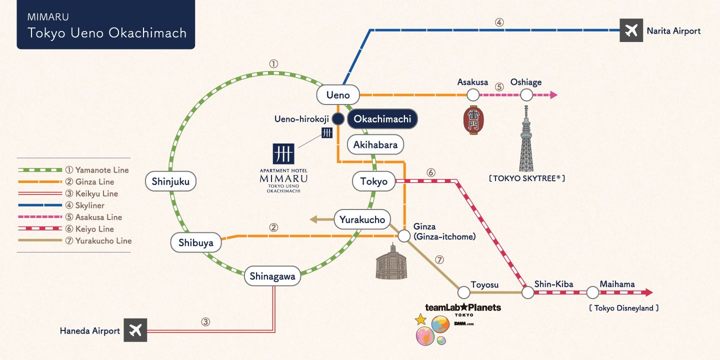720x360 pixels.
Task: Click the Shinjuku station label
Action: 170,181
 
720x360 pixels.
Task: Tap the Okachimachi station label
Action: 382,119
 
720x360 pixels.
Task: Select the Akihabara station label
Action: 375,145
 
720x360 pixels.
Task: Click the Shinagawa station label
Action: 272,276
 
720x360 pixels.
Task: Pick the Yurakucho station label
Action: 362,219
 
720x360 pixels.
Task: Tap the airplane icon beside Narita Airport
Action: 631,30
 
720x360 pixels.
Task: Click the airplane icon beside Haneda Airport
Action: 135,330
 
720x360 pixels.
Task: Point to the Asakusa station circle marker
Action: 473,94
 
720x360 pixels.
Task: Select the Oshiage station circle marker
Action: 526,94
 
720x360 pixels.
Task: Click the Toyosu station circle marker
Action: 463,292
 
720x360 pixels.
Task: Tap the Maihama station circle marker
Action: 592,292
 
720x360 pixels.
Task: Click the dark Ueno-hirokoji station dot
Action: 338,119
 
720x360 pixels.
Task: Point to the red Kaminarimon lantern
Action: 472,120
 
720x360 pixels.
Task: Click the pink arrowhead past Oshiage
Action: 553,94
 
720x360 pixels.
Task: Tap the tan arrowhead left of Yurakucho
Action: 313,219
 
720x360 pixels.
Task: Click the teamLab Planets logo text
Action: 463,307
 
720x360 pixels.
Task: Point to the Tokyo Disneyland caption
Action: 623,308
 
